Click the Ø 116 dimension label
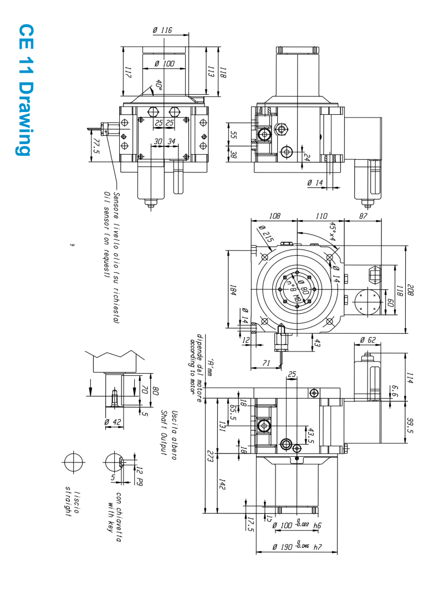[162, 31]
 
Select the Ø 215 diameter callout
[266, 236]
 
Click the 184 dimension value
[233, 291]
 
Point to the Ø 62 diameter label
[367, 339]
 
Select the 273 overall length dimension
[210, 456]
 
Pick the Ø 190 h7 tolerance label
[297, 547]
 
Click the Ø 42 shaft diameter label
[114, 422]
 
